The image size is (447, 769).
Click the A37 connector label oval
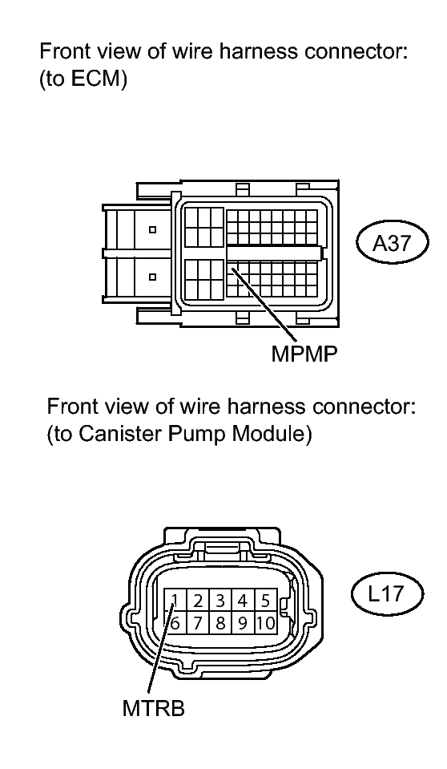(392, 242)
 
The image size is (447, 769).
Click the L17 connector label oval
(387, 594)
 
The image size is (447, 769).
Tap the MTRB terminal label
(154, 708)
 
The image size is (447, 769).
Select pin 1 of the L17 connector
(175, 601)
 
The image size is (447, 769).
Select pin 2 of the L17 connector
(198, 601)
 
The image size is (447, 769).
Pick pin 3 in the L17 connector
(220, 601)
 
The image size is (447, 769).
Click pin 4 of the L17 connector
(243, 601)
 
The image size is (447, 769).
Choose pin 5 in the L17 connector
(265, 601)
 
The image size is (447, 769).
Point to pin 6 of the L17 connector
(175, 623)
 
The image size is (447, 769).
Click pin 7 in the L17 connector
(198, 623)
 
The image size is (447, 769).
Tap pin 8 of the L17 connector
(220, 623)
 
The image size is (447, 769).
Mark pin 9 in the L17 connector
(243, 623)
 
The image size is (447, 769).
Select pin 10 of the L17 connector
(265, 623)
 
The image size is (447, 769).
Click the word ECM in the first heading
(95, 79)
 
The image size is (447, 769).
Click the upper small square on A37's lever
(153, 229)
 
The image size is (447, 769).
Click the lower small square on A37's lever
(153, 277)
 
